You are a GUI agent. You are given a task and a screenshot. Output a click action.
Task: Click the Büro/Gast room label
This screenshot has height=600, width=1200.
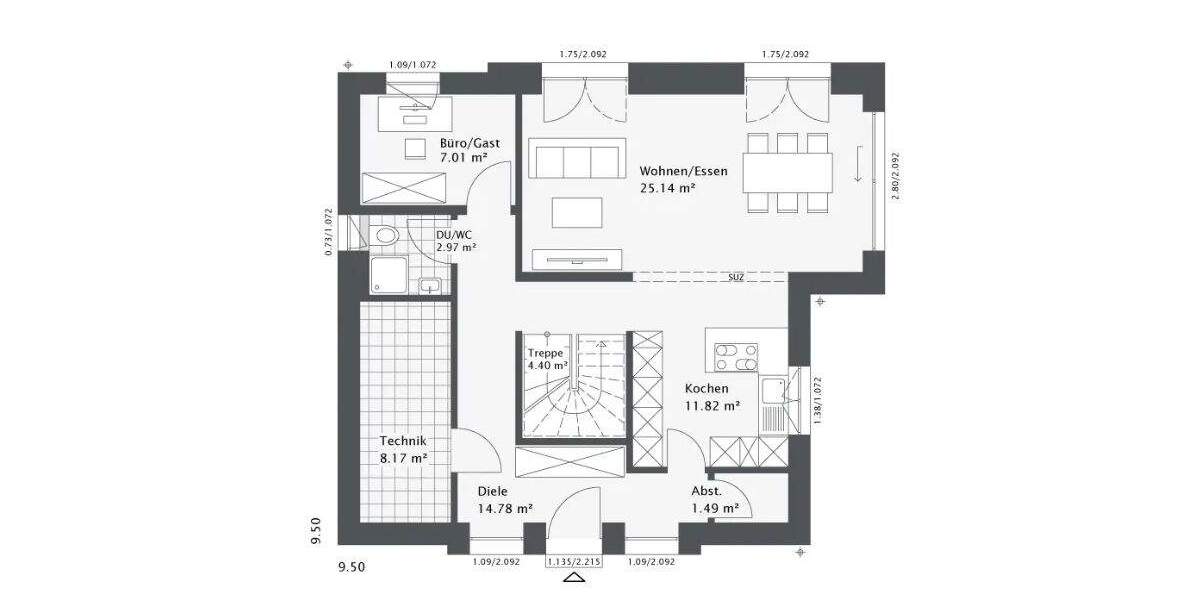point(470,143)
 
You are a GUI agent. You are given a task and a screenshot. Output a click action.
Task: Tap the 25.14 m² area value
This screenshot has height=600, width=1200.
point(668,187)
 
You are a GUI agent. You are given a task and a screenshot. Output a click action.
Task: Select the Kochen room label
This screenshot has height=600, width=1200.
point(706,388)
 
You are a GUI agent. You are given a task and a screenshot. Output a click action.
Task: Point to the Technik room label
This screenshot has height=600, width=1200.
point(403,441)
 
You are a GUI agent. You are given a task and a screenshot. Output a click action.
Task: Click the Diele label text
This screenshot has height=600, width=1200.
point(492,491)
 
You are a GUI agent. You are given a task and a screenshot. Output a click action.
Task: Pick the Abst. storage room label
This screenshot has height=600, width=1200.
point(706,491)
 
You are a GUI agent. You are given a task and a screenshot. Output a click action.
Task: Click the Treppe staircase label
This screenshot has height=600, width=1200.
point(546,353)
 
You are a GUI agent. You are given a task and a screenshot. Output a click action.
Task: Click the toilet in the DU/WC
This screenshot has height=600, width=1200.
point(384,235)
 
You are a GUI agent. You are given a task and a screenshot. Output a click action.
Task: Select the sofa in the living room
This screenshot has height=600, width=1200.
point(574,160)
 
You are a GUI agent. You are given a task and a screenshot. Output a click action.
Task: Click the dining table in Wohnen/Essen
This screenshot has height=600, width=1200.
point(788,172)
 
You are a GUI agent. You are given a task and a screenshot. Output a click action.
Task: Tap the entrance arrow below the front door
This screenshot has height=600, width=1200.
point(574,578)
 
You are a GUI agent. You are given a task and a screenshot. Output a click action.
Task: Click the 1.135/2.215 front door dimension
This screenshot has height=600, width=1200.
point(574,563)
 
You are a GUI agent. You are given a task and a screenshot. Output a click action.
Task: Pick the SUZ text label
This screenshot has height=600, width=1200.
point(735,278)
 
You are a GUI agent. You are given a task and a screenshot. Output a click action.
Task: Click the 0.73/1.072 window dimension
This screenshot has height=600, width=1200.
point(328,232)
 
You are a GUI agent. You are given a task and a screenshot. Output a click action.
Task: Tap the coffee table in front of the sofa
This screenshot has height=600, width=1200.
point(576,213)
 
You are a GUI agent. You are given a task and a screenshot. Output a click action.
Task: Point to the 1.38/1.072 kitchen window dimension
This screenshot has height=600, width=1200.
point(817,401)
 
